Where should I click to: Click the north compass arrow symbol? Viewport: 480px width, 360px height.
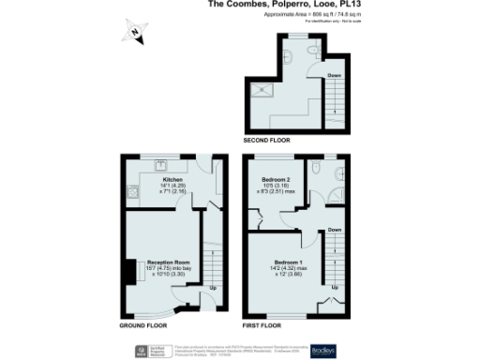[135, 33]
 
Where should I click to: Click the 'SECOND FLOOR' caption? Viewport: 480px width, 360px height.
[267, 140]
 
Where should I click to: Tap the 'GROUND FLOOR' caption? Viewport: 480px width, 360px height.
[143, 325]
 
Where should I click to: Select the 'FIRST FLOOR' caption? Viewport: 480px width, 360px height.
[263, 325]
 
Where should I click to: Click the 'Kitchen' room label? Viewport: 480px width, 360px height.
[172, 178]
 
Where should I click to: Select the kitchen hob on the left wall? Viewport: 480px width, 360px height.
[133, 193]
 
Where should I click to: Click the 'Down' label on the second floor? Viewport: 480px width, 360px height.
[334, 75]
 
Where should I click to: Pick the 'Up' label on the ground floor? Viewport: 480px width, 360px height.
[214, 287]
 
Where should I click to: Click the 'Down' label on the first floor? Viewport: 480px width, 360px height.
[335, 229]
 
